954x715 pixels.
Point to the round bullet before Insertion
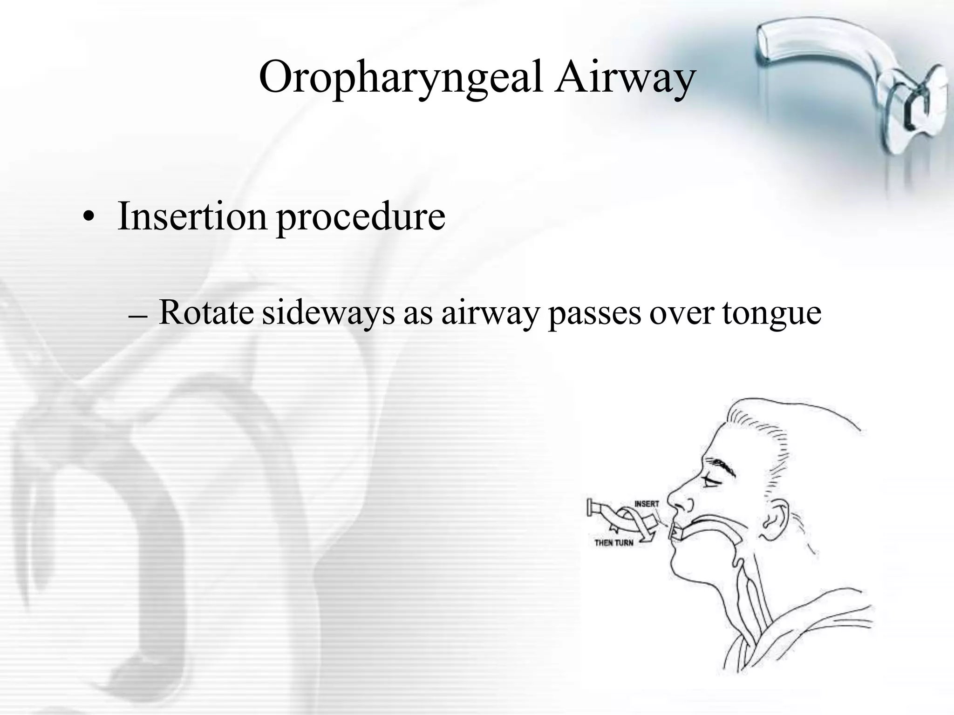click(x=88, y=219)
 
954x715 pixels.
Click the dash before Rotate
click(x=137, y=317)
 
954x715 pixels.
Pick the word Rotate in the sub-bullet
click(x=206, y=313)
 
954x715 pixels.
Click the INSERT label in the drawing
click(x=647, y=504)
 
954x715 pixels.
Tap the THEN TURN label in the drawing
click(x=613, y=543)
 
